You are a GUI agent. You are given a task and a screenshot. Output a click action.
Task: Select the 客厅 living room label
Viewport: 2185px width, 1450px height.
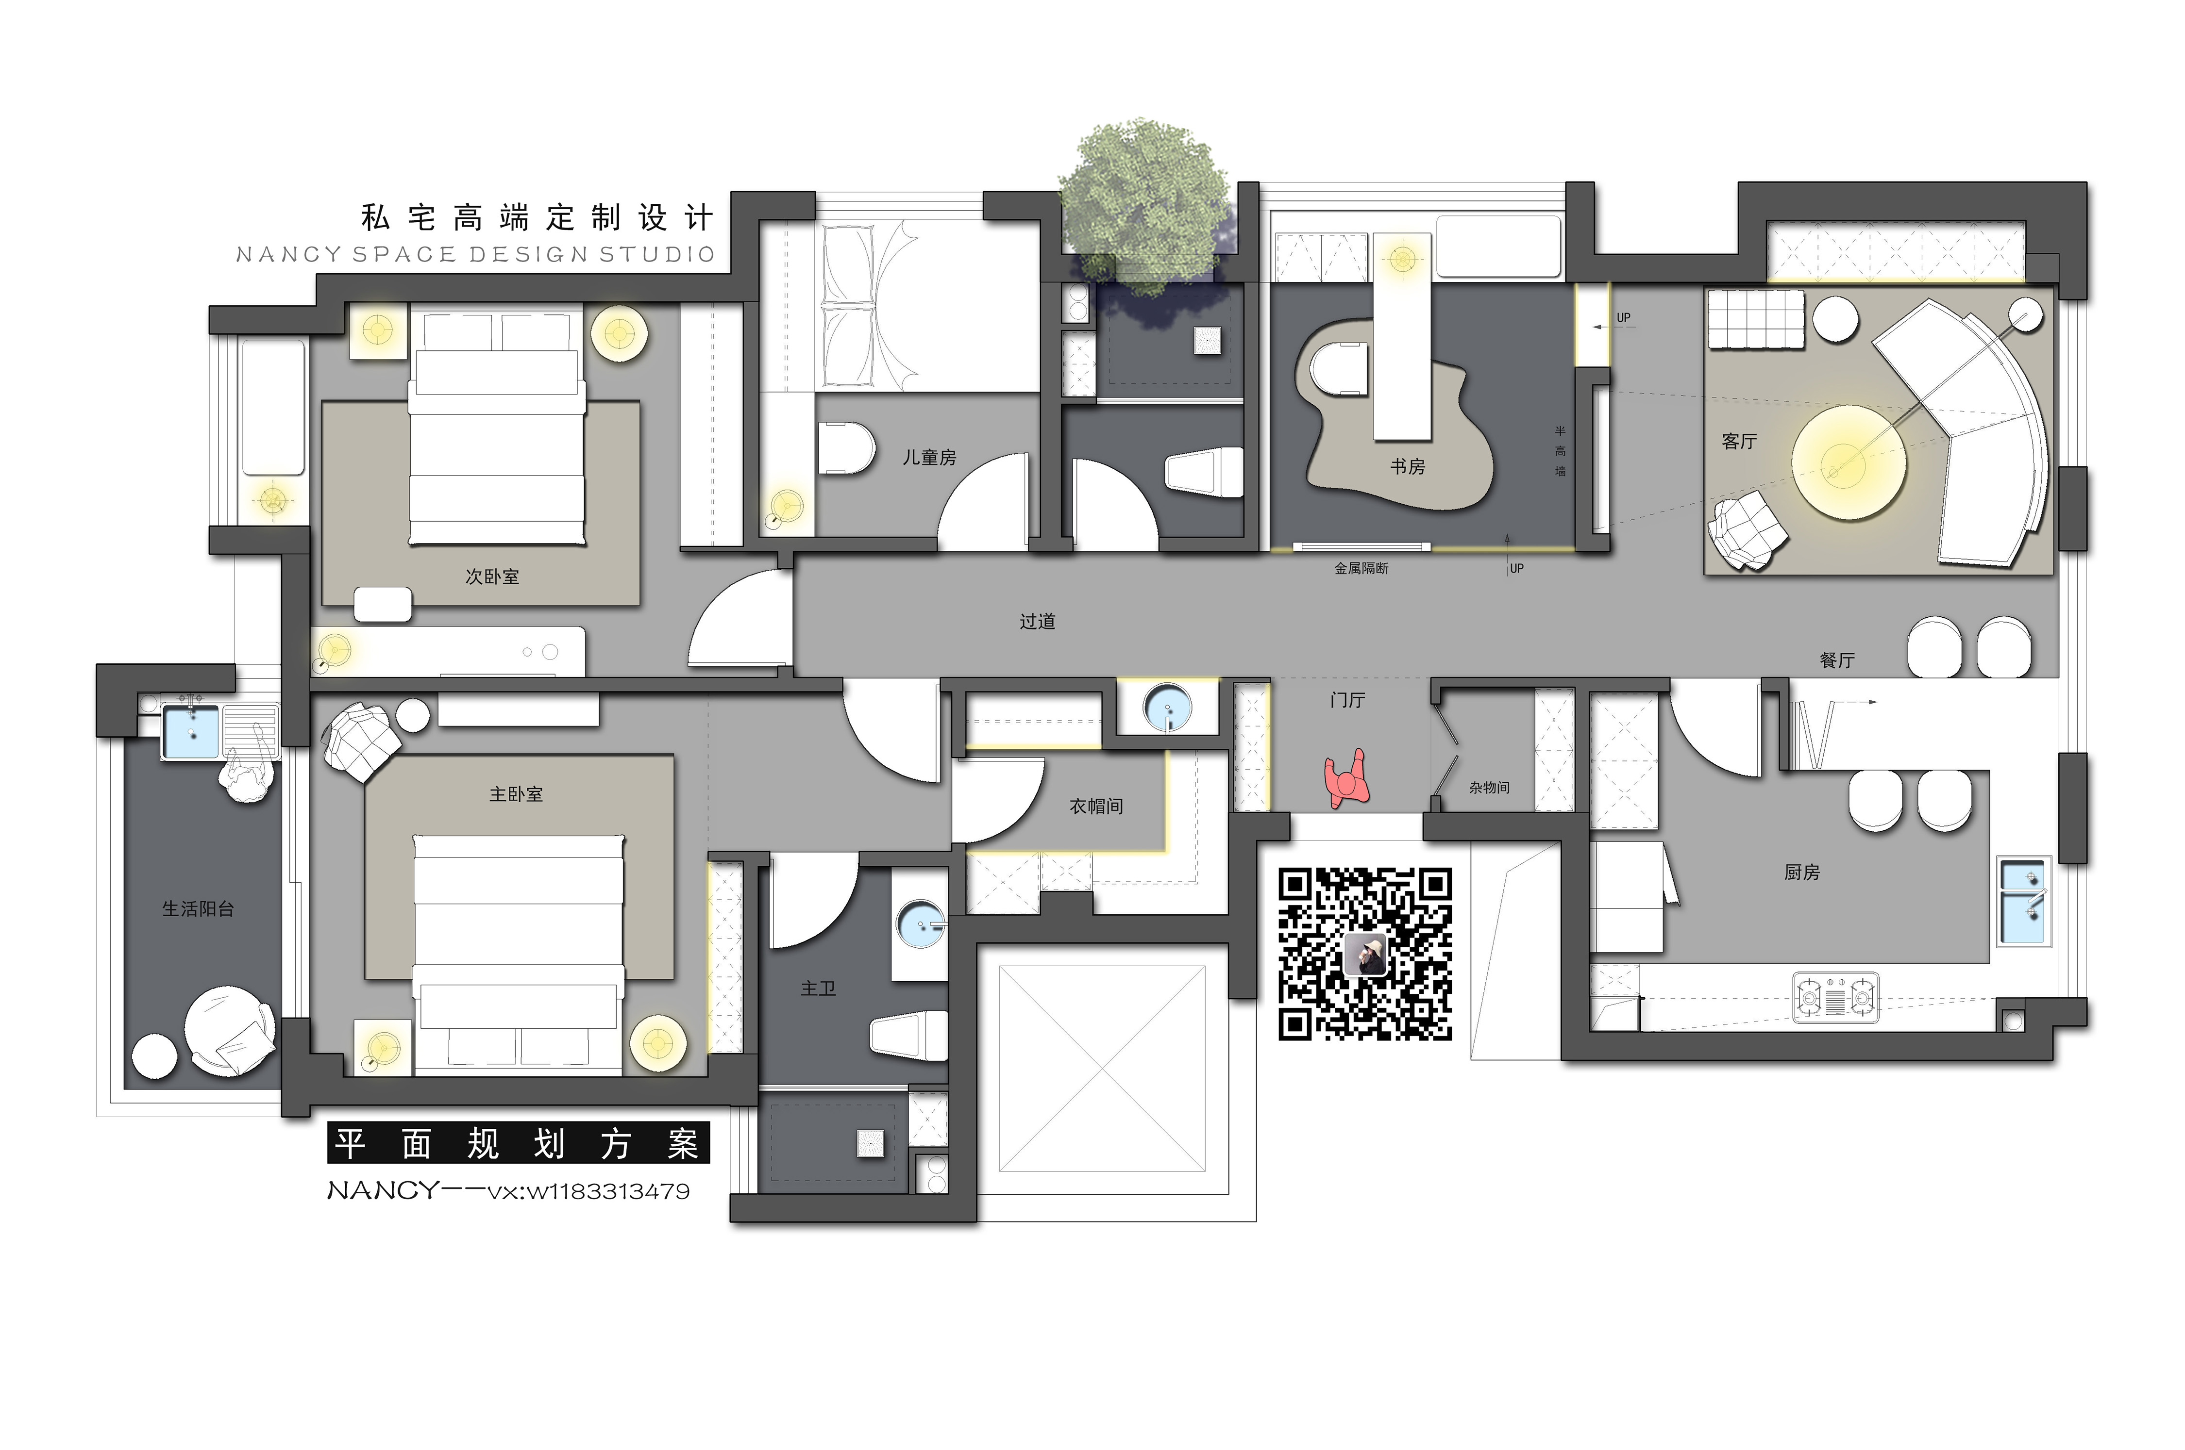pyautogui.click(x=1739, y=442)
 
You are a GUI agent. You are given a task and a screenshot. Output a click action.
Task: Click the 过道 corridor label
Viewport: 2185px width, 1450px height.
pyautogui.click(x=1037, y=622)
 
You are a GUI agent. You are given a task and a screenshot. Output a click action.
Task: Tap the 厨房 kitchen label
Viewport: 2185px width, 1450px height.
pyautogui.click(x=1801, y=872)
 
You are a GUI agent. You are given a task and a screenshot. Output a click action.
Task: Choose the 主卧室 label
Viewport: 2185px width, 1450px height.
pyautogui.click(x=516, y=794)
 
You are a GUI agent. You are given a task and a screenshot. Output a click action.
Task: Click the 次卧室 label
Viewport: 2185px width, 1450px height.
pyautogui.click(x=492, y=577)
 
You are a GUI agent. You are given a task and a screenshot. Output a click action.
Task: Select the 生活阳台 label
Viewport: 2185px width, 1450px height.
pyautogui.click(x=198, y=909)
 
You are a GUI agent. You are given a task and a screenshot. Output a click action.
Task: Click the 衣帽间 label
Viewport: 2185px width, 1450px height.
pyautogui.click(x=1096, y=807)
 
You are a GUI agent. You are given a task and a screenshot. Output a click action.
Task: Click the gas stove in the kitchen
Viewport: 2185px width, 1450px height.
pyautogui.click(x=1835, y=997)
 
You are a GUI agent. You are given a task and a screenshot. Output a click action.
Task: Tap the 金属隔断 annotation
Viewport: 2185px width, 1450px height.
pyautogui.click(x=1361, y=569)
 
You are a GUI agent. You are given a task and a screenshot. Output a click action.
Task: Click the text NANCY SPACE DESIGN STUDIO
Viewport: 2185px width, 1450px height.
pyautogui.click(x=475, y=254)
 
